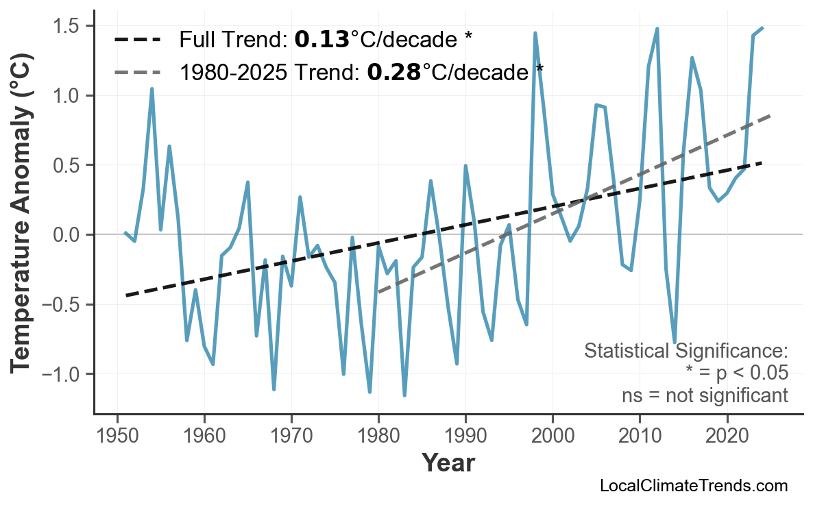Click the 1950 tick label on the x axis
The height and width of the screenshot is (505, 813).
[x=117, y=436]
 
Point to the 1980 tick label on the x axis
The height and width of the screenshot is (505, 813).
[x=378, y=436]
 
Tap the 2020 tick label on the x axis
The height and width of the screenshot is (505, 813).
[x=727, y=436]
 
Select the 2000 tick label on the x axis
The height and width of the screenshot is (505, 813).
[x=553, y=436]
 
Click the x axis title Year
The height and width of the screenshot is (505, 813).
[x=448, y=464]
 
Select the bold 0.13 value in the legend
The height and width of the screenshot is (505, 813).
[x=321, y=40]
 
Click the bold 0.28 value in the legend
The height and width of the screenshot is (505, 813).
[x=394, y=71]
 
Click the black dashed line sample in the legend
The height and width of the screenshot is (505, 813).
[x=137, y=40]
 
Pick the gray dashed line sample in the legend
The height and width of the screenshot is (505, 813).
[x=137, y=71]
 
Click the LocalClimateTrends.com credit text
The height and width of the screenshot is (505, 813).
[x=693, y=486]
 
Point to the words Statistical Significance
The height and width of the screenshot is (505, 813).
[x=685, y=352]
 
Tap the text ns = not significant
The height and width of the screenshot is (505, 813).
[x=705, y=395]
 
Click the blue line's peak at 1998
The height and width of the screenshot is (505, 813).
[x=535, y=33]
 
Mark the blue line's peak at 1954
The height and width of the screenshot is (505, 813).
[x=151, y=89]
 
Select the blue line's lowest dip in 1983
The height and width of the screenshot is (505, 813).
[x=404, y=395]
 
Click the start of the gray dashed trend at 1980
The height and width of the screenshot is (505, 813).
[x=378, y=292]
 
